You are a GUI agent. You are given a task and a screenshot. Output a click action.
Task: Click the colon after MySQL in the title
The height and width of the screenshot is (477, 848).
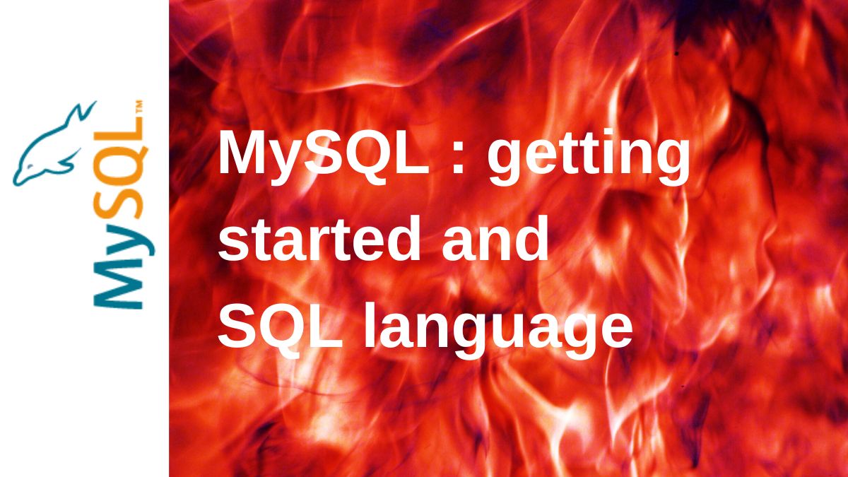(x=458, y=159)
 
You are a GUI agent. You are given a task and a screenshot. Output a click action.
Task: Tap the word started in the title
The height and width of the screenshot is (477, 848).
(x=319, y=239)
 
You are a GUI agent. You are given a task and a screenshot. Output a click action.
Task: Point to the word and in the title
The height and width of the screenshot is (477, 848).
(x=495, y=239)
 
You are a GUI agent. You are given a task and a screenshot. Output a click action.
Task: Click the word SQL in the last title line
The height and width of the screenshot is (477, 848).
(x=280, y=326)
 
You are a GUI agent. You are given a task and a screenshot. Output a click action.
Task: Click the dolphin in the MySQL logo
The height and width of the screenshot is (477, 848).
(x=53, y=146)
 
